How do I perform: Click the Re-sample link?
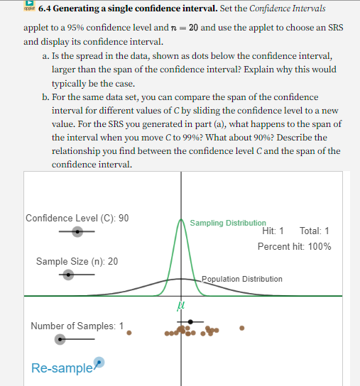pos(62,368)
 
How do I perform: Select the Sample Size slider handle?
pos(68,275)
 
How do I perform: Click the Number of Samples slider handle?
pos(61,339)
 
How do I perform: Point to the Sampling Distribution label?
pos(228,223)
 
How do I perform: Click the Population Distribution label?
pos(242,279)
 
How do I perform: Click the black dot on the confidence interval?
pos(190,322)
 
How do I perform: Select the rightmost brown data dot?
pos(242,328)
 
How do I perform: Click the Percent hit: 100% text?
pos(294,246)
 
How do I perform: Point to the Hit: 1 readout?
pos(273,231)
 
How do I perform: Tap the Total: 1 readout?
pos(315,231)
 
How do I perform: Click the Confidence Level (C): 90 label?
pos(77,218)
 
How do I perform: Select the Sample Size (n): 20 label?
pos(77,261)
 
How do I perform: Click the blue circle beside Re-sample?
pos(99,362)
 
